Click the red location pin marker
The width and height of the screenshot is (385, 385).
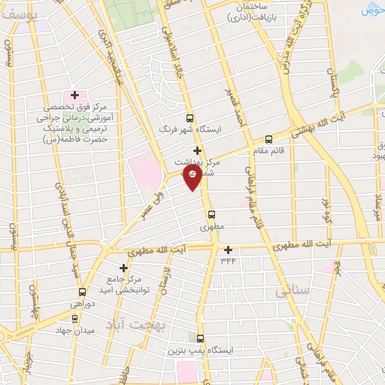(x=192, y=177)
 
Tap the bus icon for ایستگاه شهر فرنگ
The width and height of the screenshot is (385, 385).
(x=189, y=118)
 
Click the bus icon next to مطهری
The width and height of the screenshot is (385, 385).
(x=211, y=214)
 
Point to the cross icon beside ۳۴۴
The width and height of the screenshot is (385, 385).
(x=228, y=250)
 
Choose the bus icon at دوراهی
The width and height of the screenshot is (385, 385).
(x=82, y=292)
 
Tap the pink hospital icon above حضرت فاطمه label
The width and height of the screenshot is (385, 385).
(x=74, y=95)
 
